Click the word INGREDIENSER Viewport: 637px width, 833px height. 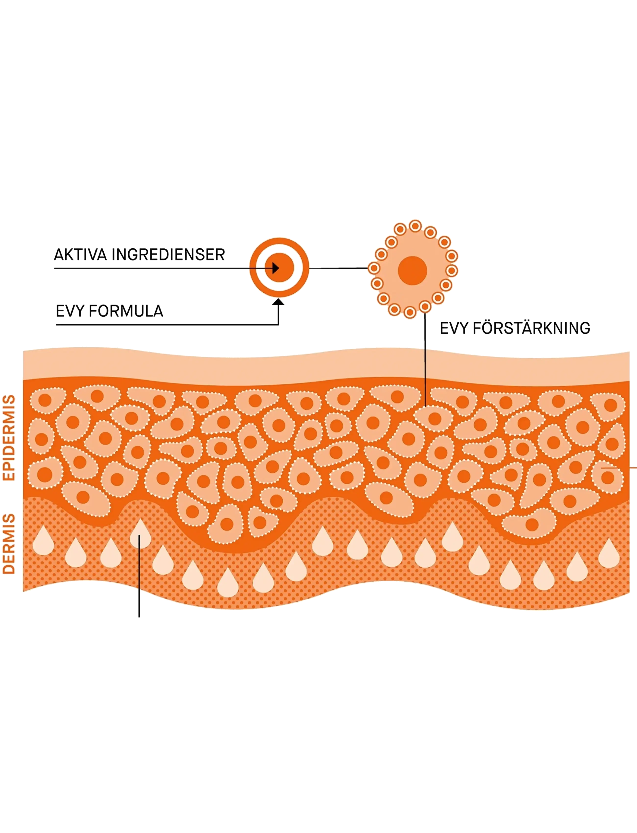(168, 254)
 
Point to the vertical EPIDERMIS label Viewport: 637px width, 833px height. (9, 438)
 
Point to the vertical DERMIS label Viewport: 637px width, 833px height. (9, 544)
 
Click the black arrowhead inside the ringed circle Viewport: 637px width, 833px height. (276, 268)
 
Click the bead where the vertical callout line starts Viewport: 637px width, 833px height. (425, 306)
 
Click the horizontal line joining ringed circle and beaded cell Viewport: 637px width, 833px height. (339, 268)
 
